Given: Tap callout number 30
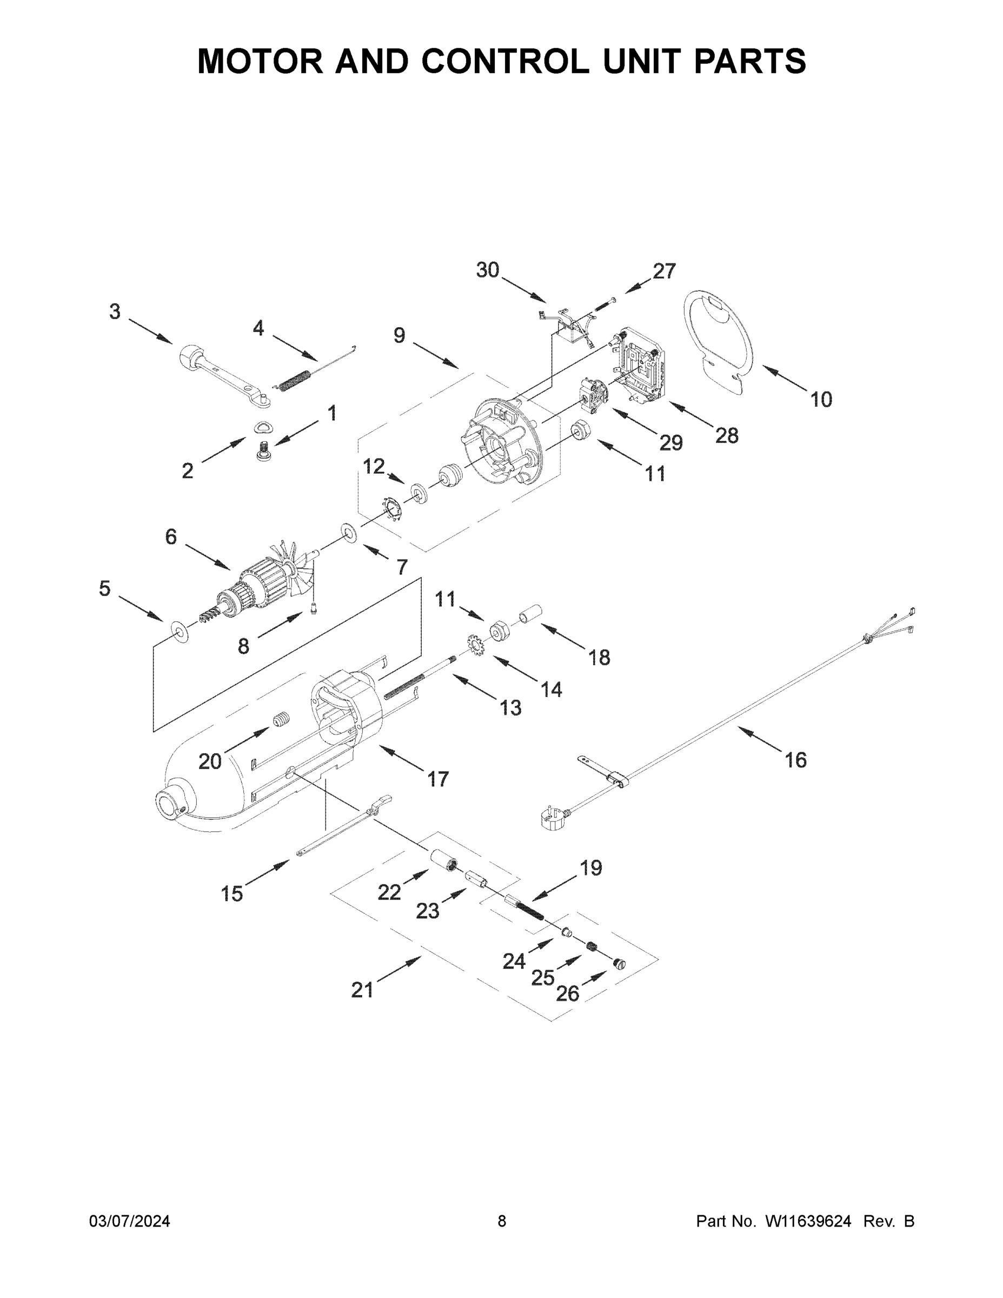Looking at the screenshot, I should (x=487, y=270).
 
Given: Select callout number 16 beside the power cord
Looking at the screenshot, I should (x=795, y=759).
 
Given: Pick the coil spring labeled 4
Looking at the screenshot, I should (x=295, y=381).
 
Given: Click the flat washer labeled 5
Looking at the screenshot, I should (x=178, y=630).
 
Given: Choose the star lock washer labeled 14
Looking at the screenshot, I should (x=474, y=645).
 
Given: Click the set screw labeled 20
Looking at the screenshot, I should (x=281, y=721).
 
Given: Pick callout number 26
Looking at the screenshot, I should (x=567, y=994).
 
